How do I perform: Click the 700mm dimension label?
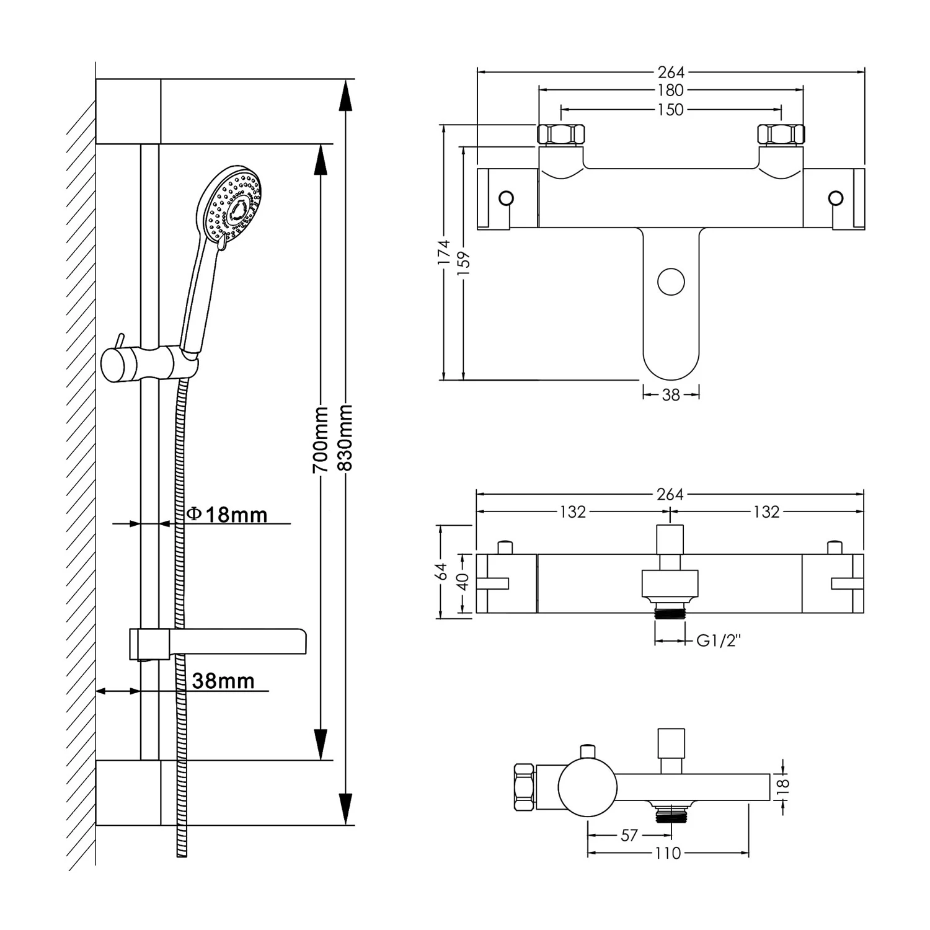click(x=321, y=440)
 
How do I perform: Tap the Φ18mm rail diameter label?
click(x=228, y=515)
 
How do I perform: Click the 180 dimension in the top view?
click(x=671, y=91)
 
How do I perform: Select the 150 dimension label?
click(x=671, y=110)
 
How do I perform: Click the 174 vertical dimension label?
click(x=444, y=253)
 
